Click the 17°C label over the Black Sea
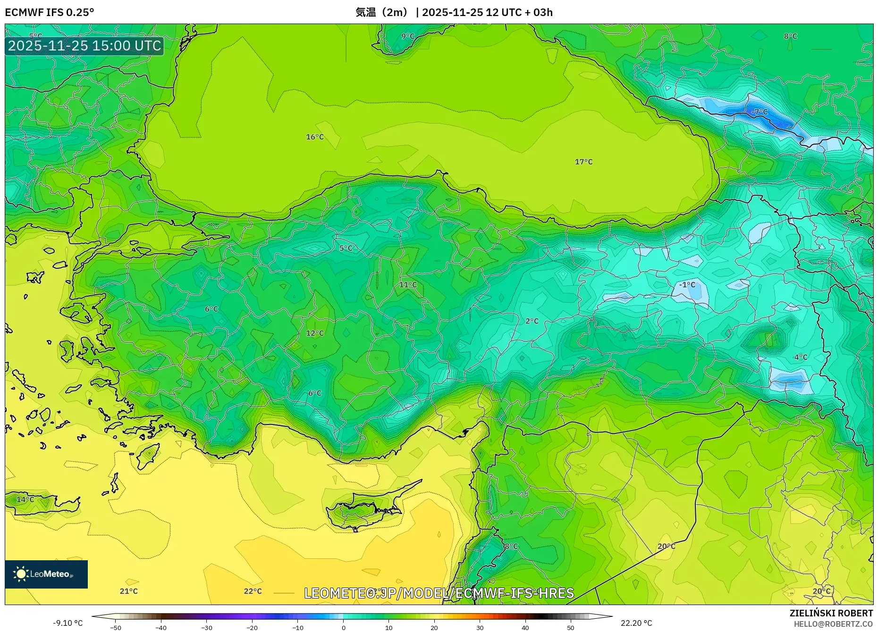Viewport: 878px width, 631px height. (x=583, y=162)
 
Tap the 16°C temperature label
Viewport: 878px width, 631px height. (x=315, y=137)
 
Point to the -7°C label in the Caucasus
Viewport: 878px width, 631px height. (x=760, y=112)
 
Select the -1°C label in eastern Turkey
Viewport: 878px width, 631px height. (x=687, y=284)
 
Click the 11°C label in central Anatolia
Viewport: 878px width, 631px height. (x=408, y=284)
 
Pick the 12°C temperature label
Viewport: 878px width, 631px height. (x=315, y=333)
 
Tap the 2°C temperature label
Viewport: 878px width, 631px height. (x=532, y=321)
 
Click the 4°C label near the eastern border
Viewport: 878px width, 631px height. (x=801, y=357)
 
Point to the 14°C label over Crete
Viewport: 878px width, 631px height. (x=25, y=499)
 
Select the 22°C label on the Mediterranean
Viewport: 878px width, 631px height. (x=253, y=591)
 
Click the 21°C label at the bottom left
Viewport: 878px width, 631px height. (x=128, y=591)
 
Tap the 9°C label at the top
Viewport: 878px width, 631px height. (x=408, y=36)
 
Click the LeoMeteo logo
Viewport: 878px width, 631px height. (x=46, y=574)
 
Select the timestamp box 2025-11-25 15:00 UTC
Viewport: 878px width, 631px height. (x=84, y=46)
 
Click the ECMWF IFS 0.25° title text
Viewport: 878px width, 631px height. (x=50, y=12)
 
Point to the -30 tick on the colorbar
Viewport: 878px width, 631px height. (x=207, y=627)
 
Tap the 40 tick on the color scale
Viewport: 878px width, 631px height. (x=525, y=627)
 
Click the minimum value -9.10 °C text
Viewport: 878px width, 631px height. (x=68, y=623)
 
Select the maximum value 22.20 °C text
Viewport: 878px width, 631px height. (x=636, y=623)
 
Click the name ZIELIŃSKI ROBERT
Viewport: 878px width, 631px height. (x=831, y=613)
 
